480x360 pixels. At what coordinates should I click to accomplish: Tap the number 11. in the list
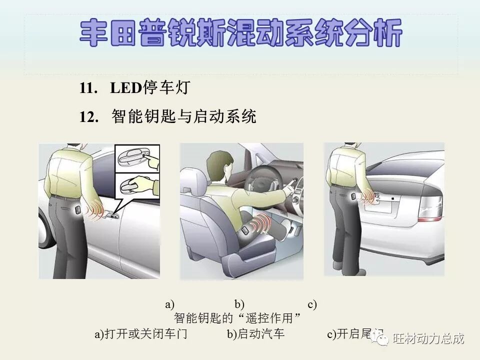(88, 89)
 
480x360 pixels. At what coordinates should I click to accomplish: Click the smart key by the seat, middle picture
(245, 231)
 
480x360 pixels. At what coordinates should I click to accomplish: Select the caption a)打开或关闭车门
(141, 334)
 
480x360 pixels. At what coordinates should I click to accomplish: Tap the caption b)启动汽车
(255, 334)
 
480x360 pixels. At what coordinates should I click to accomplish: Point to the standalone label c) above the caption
(312, 304)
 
